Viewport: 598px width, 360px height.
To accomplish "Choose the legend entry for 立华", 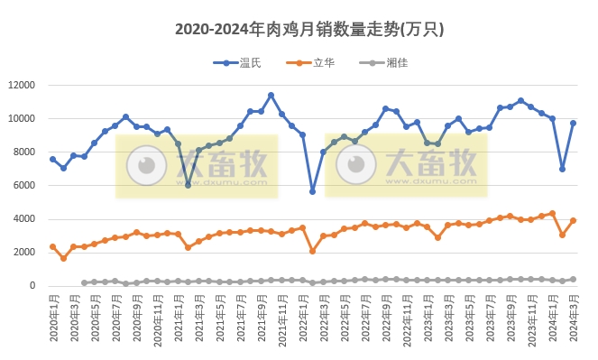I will point(309,61).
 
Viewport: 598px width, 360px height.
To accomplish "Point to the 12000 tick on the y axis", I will point(20,85).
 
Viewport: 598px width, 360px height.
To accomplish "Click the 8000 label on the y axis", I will point(23,152).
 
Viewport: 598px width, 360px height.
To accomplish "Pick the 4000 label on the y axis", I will point(23,219).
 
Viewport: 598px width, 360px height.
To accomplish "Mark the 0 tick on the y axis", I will point(32,286).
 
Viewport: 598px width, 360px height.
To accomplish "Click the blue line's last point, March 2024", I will point(573,123).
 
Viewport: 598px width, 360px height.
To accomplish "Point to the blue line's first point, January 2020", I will point(52,159).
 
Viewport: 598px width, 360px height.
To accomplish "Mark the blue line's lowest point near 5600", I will point(313,191).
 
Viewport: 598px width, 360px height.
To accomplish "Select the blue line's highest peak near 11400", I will point(271,95).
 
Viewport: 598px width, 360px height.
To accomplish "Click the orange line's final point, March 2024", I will point(573,220).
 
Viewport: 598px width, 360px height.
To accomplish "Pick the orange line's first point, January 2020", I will point(52,246).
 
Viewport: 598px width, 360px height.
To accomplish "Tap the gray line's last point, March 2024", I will point(573,279).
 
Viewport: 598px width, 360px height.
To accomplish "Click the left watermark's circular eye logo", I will point(142,166).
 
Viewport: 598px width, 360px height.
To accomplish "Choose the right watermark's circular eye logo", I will point(352,166).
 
